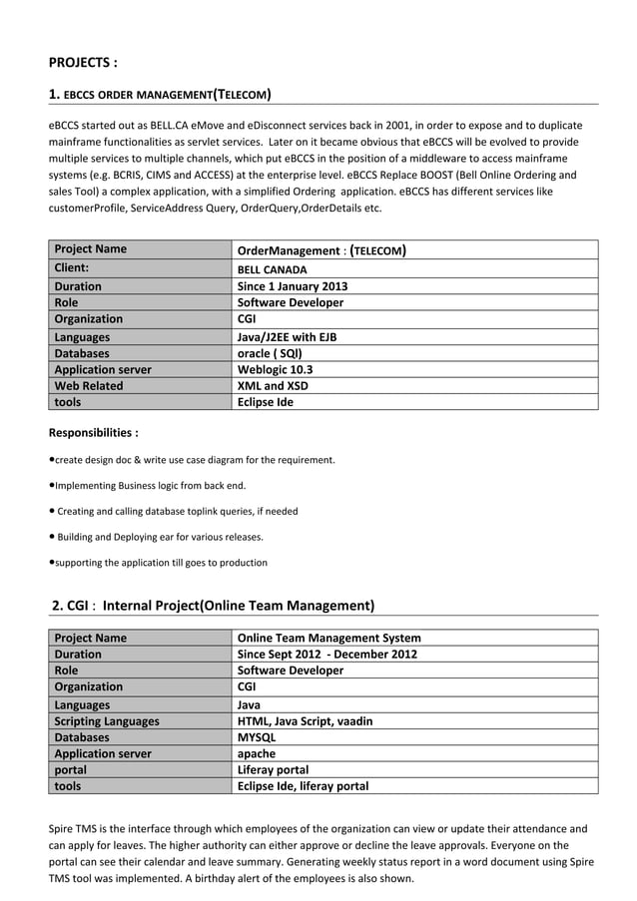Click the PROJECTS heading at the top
pos(84,63)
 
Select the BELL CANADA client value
pos(272,269)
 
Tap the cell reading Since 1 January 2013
pos(292,286)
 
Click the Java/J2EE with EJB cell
pos(287,337)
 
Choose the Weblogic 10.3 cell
pos(275,369)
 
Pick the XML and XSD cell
pos(273,385)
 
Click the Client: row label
pos(72,268)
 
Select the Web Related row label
pos(89,385)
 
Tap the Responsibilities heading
pos(94,433)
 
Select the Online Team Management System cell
pos(328,638)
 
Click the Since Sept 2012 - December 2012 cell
pos(326,655)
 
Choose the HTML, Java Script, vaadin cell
pos(305,720)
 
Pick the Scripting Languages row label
pos(106,720)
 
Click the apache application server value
pos(257,753)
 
